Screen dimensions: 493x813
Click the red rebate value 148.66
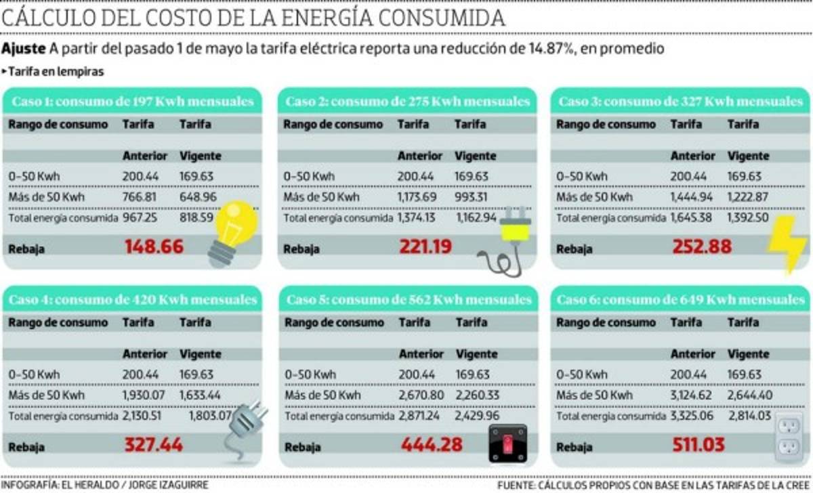(x=154, y=247)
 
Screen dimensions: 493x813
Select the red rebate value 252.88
(x=702, y=247)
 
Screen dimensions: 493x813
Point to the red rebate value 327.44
(x=154, y=445)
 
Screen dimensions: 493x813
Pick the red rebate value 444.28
(x=432, y=445)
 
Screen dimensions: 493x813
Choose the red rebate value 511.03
(x=698, y=445)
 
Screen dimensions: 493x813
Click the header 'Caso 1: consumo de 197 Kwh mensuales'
(x=133, y=102)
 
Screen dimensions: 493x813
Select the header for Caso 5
(x=409, y=299)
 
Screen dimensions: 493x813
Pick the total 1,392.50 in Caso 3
(x=749, y=218)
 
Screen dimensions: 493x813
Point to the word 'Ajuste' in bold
(x=24, y=49)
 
